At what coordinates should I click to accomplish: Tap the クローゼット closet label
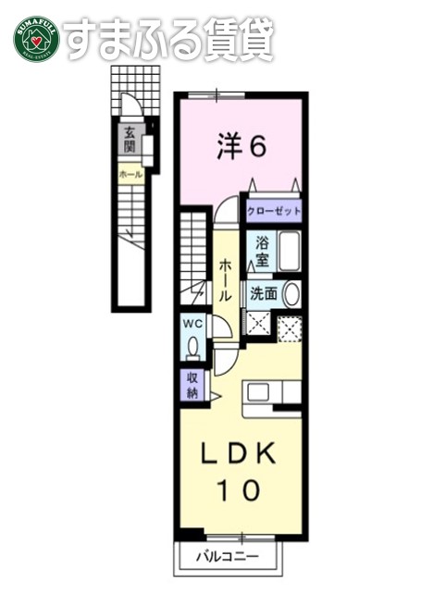click(x=274, y=211)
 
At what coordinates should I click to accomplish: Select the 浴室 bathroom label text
click(x=262, y=252)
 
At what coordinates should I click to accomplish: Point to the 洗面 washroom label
click(x=264, y=295)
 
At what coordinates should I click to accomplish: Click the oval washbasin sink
click(x=291, y=295)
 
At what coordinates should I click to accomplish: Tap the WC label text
click(x=192, y=323)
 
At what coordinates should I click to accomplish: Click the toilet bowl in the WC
click(x=192, y=346)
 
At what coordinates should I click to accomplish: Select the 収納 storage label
click(x=192, y=384)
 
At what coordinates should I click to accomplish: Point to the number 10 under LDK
click(x=240, y=490)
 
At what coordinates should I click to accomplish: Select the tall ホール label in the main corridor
click(x=225, y=278)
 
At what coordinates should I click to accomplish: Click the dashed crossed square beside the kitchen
click(x=291, y=327)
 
